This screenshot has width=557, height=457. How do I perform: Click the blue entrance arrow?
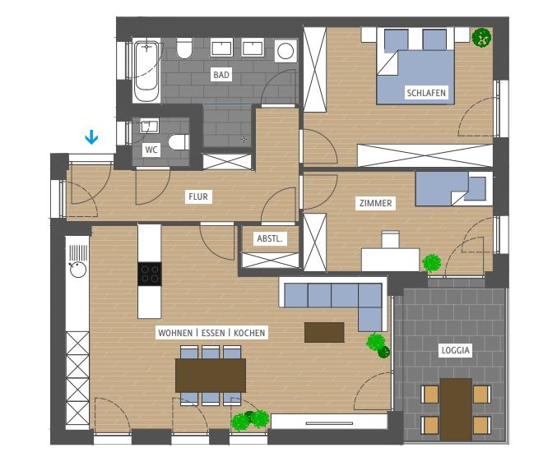click(91, 137)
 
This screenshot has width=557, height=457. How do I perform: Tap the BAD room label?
click(221, 75)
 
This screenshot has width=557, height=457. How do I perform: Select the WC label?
click(151, 150)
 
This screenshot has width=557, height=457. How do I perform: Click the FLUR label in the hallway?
click(198, 196)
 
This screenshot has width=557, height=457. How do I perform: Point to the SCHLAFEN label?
click(426, 93)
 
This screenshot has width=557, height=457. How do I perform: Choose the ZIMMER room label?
click(375, 203)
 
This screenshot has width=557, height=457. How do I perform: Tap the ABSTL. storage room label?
click(270, 239)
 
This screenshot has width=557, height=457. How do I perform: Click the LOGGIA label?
click(456, 350)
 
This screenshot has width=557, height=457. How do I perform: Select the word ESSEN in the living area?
click(213, 333)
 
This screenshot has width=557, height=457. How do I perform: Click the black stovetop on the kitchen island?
click(150, 274)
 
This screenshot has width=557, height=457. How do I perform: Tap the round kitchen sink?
click(78, 270)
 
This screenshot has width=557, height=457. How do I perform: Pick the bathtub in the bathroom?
click(146, 71)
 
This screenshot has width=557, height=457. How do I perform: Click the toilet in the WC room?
click(179, 142)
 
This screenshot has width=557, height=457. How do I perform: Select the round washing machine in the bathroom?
click(285, 51)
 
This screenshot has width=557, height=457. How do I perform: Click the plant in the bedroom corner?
click(481, 37)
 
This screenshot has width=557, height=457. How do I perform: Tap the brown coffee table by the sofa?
click(324, 332)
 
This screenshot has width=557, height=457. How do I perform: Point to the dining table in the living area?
click(211, 376)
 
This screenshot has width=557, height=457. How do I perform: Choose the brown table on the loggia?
click(456, 409)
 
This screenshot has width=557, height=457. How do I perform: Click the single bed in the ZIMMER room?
click(453, 188)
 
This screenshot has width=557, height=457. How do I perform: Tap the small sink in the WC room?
click(150, 126)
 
